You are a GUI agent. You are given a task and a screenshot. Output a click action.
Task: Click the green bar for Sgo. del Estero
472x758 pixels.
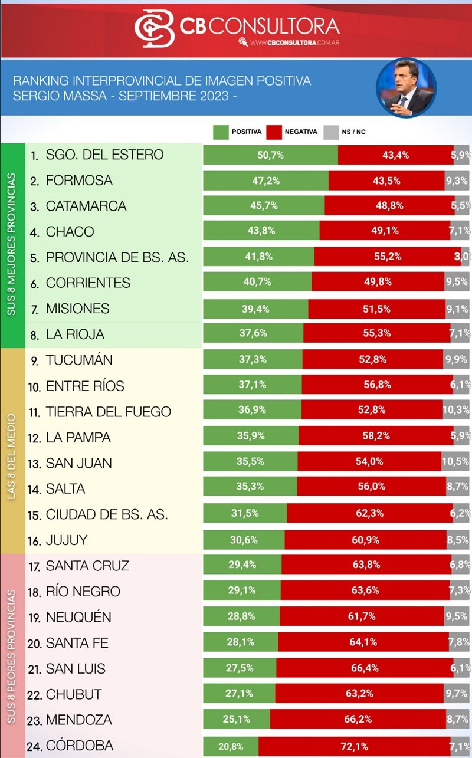pyautogui.click(x=270, y=155)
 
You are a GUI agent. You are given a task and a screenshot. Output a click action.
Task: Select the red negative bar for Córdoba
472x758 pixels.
pyautogui.click(x=354, y=746)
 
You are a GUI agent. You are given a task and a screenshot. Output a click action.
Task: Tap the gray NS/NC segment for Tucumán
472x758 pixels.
pyautogui.click(x=456, y=360)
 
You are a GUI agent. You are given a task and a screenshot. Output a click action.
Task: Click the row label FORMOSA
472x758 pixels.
pyautogui.click(x=79, y=181)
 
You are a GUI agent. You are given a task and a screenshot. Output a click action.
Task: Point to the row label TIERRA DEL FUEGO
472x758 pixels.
pyautogui.click(x=109, y=412)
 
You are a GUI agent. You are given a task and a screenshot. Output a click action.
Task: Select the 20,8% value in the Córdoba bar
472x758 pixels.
pyautogui.click(x=231, y=746)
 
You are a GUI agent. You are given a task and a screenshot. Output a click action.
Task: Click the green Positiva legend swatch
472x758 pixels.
pyautogui.click(x=221, y=132)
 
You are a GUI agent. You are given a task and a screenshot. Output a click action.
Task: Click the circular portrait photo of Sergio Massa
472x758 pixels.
pyautogui.click(x=406, y=88)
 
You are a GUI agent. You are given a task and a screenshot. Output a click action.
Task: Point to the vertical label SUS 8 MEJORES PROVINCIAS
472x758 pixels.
pyautogui.click(x=12, y=244)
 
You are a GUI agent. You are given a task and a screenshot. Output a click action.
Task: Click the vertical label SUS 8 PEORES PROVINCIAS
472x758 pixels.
pyautogui.click(x=12, y=655)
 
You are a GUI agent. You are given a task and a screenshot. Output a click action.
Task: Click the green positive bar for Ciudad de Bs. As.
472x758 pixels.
pyautogui.click(x=245, y=514)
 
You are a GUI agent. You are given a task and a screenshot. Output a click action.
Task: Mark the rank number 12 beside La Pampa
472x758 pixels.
pyautogui.click(x=35, y=438)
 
